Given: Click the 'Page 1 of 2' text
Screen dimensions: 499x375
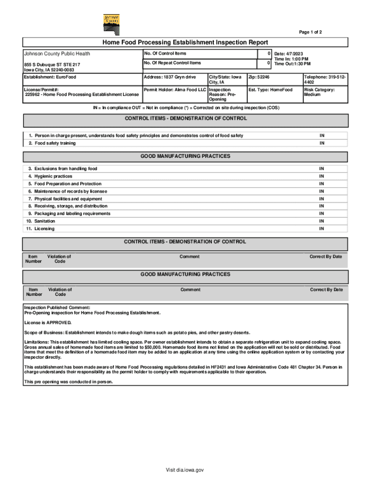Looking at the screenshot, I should coord(310,32).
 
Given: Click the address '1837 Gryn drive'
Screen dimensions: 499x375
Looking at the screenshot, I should coord(170,77).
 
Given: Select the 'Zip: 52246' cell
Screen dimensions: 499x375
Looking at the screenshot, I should coord(260,77).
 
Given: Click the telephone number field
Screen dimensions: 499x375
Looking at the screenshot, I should coord(324,80).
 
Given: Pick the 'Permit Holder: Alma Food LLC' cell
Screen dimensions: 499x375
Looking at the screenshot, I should coord(175,90).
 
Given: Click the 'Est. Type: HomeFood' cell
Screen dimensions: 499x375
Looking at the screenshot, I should coord(271,90).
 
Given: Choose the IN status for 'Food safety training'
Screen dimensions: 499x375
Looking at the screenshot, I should coord(321,143).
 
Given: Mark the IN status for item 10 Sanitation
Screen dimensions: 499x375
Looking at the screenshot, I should coord(321,221).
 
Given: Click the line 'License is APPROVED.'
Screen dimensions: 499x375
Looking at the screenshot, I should coord(48,323).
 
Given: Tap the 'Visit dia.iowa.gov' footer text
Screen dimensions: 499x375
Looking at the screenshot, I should coord(185,470).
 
